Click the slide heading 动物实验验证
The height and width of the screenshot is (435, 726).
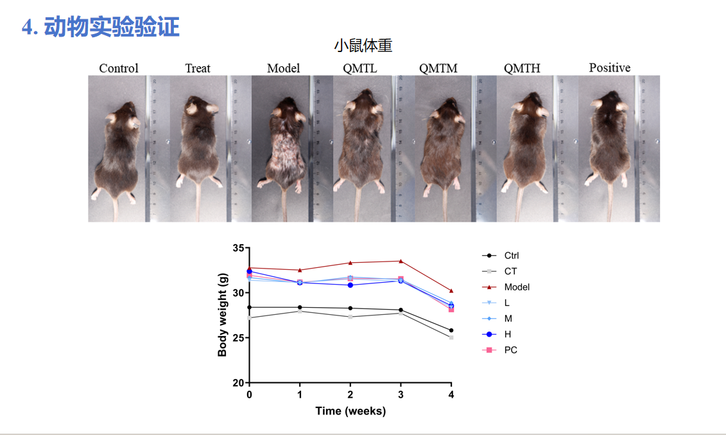coord(112,27)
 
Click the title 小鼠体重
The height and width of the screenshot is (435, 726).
coord(363,46)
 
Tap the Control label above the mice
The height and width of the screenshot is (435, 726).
coord(118,68)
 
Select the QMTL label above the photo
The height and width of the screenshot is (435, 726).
coord(360,68)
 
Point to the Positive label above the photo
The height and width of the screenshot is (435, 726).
coord(609,67)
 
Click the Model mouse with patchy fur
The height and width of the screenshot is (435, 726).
coord(282,148)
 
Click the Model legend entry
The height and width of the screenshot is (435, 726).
coord(517,287)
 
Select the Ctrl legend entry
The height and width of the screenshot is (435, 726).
coord(512,256)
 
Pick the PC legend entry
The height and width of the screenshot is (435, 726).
coord(510,350)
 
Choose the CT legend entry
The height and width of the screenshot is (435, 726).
coord(510,271)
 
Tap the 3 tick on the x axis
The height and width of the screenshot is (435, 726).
coord(401,395)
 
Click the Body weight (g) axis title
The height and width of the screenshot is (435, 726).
coord(223,315)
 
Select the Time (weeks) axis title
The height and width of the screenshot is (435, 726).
coord(350,411)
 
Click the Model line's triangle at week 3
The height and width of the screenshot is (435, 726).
coord(401,261)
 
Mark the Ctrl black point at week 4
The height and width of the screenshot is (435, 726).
coord(451,330)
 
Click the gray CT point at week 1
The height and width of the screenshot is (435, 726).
coord(300,311)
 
